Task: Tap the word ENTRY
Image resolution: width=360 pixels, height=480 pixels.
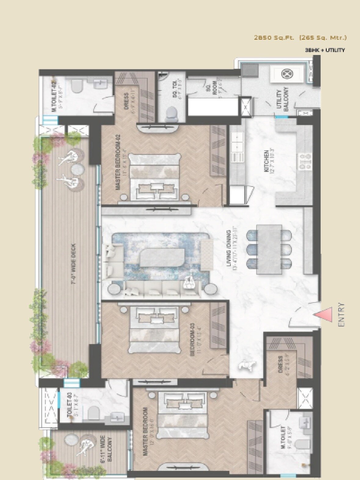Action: coord(341,315)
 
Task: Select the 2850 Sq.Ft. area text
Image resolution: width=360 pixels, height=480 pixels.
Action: coord(274,38)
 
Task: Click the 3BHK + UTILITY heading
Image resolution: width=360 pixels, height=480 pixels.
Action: coord(325,50)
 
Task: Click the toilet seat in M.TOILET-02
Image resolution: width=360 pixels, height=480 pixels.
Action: coord(77,86)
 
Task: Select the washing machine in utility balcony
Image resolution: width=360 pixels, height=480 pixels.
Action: coord(288,74)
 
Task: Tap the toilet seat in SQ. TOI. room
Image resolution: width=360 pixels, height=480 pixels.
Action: coord(171,113)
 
